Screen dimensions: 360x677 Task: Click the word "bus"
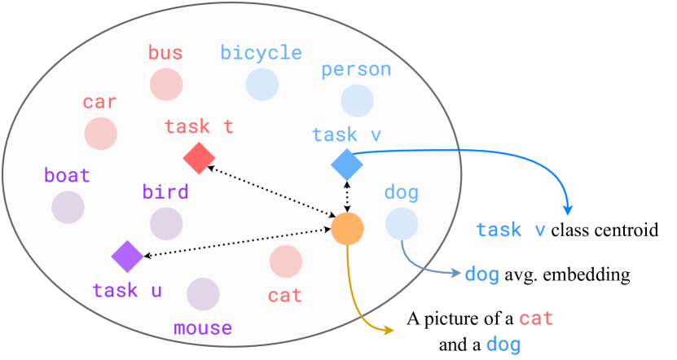[165, 54]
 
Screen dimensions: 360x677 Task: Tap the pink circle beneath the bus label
[166, 84]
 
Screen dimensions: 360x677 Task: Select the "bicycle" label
[262, 54]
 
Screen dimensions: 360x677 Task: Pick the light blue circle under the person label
[357, 101]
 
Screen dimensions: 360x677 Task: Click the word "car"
[99, 103]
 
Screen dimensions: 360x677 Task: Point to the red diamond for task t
[199, 158]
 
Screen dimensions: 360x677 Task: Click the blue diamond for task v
[347, 165]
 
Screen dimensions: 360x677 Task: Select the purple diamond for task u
[127, 257]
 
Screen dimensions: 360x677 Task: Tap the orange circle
[347, 228]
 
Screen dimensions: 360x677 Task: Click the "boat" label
[67, 176]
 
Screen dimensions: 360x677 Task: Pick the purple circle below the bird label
[166, 223]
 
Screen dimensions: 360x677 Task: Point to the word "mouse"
[203, 328]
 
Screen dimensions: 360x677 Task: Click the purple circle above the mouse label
[203, 294]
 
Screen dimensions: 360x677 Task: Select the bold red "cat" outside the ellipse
[536, 318]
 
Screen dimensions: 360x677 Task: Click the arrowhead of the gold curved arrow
[389, 330]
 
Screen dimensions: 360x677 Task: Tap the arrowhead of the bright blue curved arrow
[568, 210]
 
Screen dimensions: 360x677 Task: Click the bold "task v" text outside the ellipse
[511, 230]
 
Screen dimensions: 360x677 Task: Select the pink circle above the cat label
[286, 261]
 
